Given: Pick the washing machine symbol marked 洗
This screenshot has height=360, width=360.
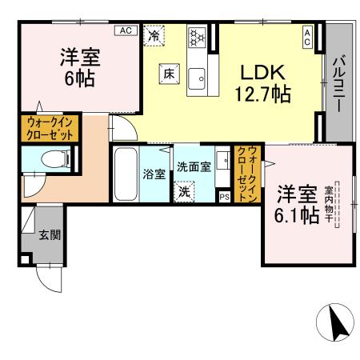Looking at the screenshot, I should point(184,192).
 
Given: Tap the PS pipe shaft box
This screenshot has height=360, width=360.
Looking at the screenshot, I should point(223,194).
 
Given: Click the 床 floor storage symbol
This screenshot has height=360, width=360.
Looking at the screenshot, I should point(169,72).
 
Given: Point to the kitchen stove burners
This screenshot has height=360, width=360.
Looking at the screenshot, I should point(197,37).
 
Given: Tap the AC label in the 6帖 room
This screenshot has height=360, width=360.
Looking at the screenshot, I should point(126,30).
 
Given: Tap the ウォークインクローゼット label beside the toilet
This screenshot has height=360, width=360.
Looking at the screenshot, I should point(50,129).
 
